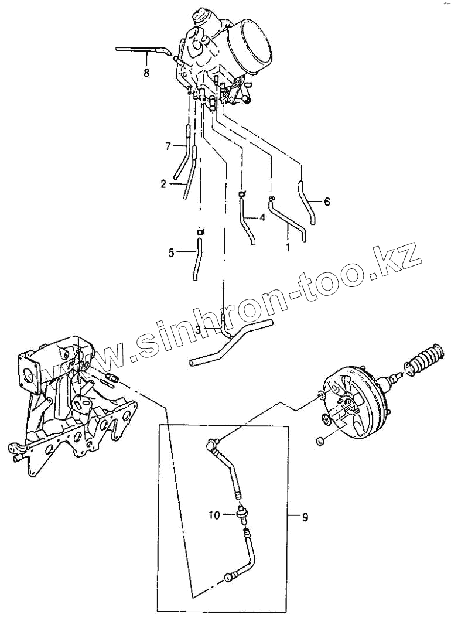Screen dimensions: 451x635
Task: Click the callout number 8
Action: [x=146, y=73]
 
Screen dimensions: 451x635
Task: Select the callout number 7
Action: [x=168, y=145]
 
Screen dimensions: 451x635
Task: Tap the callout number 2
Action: [x=163, y=183]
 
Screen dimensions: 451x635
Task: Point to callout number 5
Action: [x=171, y=253]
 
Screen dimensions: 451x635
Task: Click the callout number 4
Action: [x=262, y=217]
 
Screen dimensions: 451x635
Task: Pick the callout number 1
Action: [x=288, y=247]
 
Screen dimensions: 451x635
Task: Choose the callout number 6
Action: [x=327, y=202]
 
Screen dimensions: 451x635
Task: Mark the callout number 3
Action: [x=199, y=330]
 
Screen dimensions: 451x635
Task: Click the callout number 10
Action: [x=214, y=515]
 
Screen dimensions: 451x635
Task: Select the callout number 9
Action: [x=305, y=517]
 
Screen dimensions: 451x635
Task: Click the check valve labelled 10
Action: [x=241, y=515]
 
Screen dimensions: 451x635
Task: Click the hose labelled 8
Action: [x=141, y=50]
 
